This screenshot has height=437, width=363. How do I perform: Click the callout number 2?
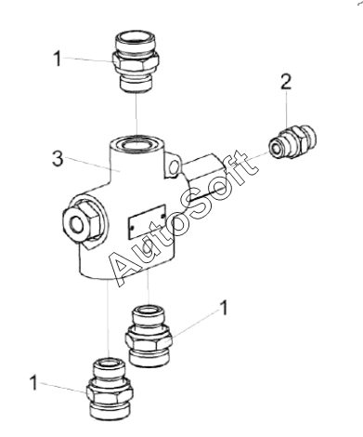[286, 82]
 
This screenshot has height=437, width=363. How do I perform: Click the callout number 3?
[58, 158]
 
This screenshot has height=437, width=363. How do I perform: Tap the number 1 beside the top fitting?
[58, 59]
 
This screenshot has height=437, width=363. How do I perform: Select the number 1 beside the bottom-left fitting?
[33, 382]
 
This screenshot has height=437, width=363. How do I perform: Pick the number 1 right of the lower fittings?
[224, 308]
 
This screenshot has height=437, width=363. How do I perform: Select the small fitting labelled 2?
[292, 141]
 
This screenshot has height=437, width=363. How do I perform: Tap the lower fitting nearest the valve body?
[149, 337]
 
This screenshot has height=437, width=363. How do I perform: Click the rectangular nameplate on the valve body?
[147, 221]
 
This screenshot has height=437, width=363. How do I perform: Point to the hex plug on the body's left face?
[81, 220]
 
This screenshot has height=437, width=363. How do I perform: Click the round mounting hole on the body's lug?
[174, 167]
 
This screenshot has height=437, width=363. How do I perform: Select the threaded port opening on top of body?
[136, 144]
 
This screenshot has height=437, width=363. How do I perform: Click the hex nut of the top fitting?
[136, 62]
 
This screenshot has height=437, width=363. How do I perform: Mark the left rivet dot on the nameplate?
[132, 228]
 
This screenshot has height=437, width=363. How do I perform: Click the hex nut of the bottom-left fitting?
[110, 392]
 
